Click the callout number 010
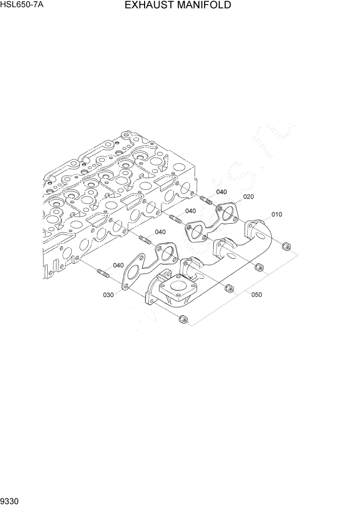pos(276,214)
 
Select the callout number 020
pos(249,197)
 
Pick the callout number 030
pos(108,295)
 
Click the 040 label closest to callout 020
pos(221,192)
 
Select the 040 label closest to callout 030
pos(118,265)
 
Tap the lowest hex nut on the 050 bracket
pos(182,320)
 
